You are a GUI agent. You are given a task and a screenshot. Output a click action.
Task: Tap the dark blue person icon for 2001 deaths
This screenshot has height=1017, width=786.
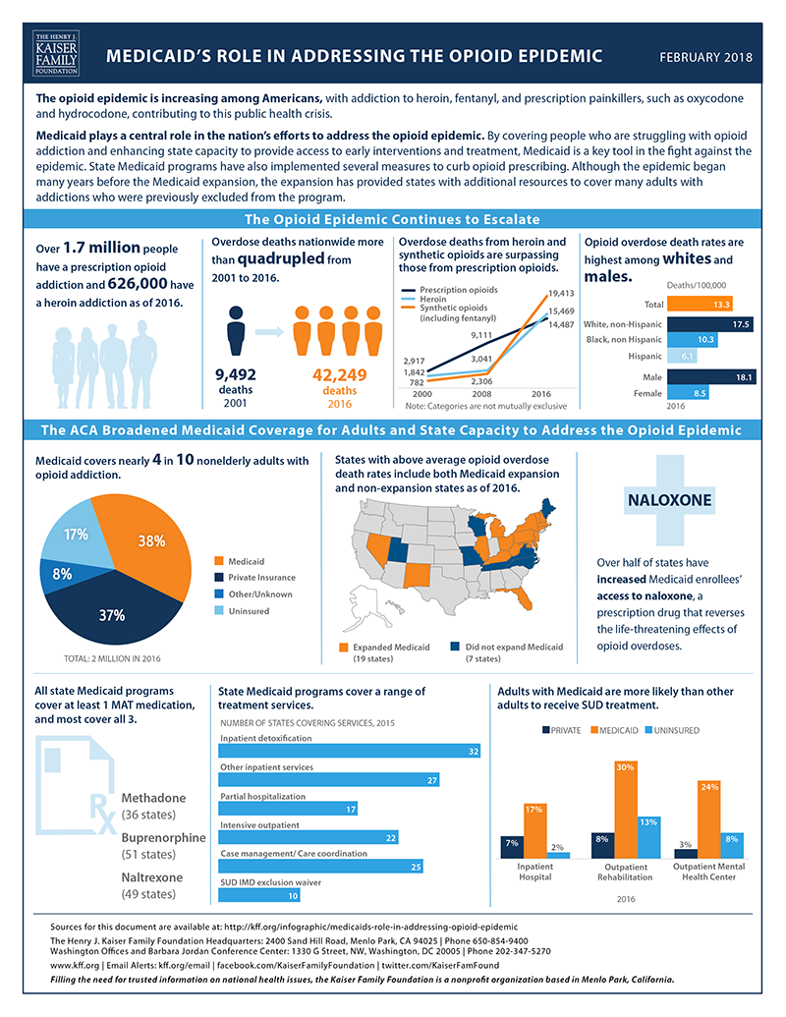[234, 330]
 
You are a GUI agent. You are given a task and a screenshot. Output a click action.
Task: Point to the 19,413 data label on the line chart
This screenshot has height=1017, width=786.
[560, 293]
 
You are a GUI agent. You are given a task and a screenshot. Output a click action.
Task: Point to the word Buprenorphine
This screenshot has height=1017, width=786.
[162, 838]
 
